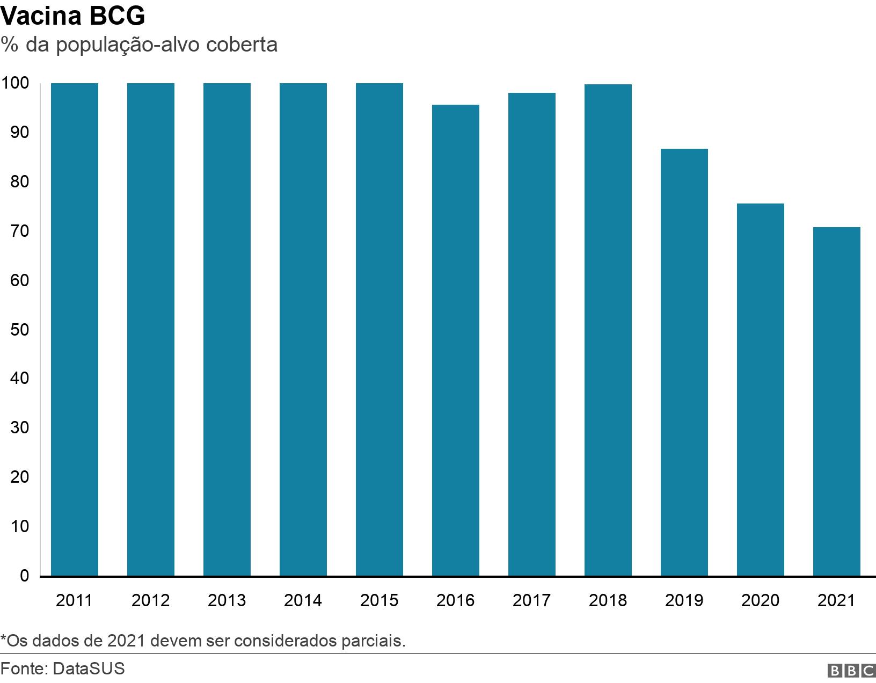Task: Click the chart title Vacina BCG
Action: [x=73, y=16]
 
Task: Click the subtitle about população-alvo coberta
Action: [x=139, y=45]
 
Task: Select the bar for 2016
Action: [x=456, y=340]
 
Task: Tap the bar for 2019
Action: [x=684, y=362]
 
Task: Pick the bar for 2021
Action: [x=837, y=402]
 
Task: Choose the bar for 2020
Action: [x=761, y=390]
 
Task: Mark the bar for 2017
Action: [x=532, y=335]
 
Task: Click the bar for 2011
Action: [x=75, y=330]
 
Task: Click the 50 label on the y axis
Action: [x=19, y=330]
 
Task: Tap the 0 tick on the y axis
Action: [x=24, y=576]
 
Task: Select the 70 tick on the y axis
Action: [x=19, y=231]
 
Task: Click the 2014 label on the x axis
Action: [x=303, y=600]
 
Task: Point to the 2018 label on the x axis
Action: [x=608, y=600]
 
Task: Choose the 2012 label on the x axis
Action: [x=151, y=600]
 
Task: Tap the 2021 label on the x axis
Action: [x=837, y=600]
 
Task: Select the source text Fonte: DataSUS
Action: [x=63, y=669]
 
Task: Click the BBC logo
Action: [x=851, y=671]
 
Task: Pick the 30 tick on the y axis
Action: [x=19, y=428]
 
